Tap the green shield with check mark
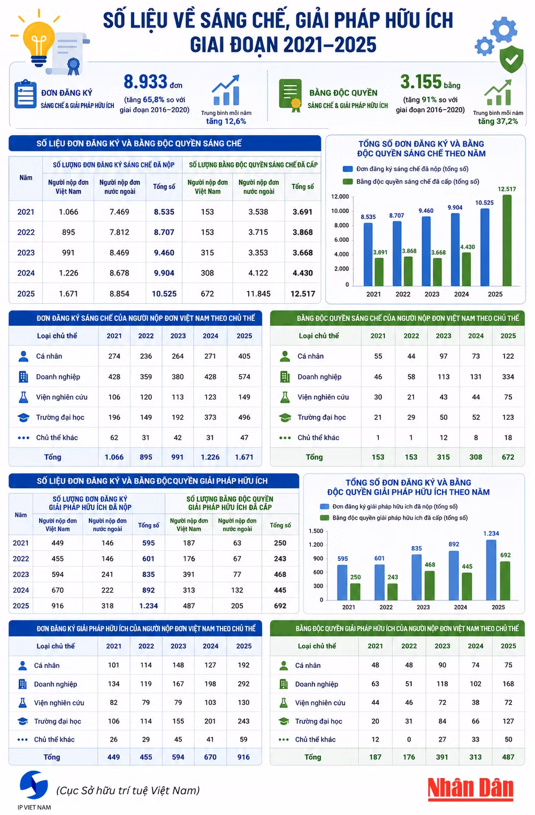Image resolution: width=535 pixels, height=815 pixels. (511, 59)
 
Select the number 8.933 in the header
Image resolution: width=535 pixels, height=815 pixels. (145, 81)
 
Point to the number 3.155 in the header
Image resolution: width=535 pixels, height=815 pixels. (421, 81)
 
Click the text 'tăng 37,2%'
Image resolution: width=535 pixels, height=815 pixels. (498, 121)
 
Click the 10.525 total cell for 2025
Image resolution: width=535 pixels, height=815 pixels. (164, 294)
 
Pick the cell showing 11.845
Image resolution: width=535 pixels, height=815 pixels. (258, 294)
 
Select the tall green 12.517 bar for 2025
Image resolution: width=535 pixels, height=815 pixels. (507, 240)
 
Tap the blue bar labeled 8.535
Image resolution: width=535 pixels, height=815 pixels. (368, 255)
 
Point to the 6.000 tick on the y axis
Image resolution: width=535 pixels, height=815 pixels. (341, 240)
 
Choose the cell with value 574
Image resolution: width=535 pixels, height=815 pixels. (244, 376)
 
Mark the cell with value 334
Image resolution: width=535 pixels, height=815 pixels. (508, 376)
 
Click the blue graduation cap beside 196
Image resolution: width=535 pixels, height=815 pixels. (24, 417)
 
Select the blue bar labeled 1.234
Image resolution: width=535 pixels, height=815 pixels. (491, 570)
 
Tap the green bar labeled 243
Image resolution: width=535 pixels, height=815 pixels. (392, 591)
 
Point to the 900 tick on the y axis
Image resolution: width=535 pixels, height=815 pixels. (318, 558)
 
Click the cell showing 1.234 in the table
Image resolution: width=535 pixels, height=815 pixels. (149, 606)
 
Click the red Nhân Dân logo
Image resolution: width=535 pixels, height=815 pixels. (470, 789)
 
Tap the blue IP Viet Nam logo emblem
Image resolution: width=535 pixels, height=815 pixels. (34, 785)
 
